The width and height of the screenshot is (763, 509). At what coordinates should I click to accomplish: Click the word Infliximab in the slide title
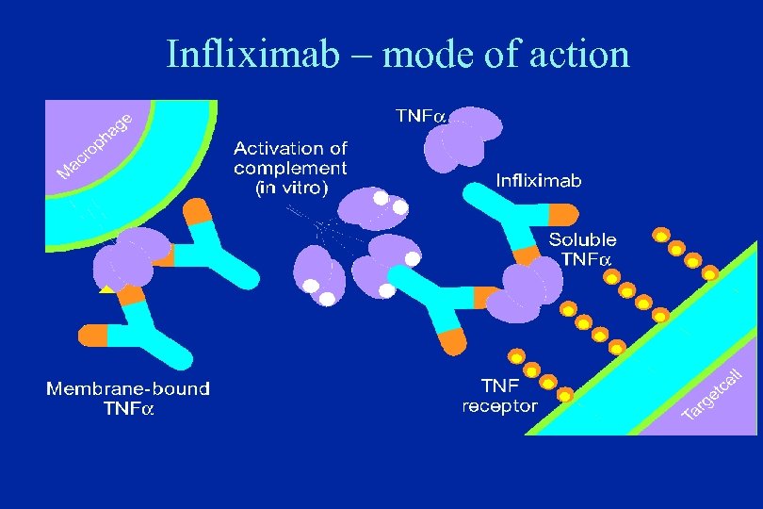[252, 55]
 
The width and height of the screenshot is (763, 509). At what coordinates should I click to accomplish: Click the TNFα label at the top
[420, 116]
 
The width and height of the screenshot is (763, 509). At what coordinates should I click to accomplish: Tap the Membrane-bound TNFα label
[129, 398]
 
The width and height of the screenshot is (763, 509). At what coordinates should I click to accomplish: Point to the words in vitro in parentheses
[291, 189]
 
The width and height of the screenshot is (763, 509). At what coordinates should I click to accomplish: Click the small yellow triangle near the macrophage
[107, 287]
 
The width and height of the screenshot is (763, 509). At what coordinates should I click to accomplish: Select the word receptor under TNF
[499, 406]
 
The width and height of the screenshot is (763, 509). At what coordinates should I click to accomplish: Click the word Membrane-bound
[129, 387]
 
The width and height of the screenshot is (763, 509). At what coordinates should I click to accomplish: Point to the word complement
[290, 168]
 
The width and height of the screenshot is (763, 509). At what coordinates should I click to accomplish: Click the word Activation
[278, 148]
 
